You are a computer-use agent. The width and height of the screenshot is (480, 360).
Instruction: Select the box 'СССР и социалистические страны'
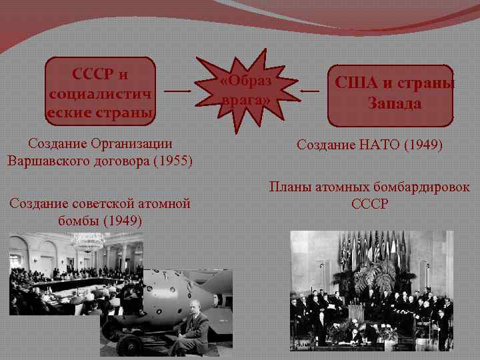coord(100,91)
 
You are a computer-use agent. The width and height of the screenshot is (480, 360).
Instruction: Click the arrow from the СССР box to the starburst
coord(177,90)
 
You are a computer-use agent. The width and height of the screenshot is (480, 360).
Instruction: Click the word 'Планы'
coord(287,188)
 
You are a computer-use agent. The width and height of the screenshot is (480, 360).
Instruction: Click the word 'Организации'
coord(134,143)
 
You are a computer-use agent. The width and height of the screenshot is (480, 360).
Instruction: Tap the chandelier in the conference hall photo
coord(87,241)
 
